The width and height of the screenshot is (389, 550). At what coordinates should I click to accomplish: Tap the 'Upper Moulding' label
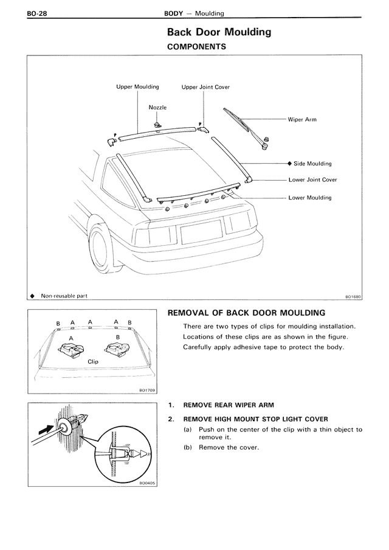pyautogui.click(x=137, y=87)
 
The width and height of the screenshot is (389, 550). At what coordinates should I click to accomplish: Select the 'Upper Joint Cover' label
pyautogui.click(x=205, y=87)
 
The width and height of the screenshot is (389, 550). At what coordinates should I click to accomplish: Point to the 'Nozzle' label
pyautogui.click(x=157, y=107)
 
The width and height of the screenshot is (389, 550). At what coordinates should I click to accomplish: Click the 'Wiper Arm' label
pyautogui.click(x=302, y=120)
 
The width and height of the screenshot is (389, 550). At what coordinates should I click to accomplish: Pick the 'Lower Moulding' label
pyautogui.click(x=310, y=198)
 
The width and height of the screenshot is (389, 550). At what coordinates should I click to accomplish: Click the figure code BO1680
pyautogui.click(x=353, y=297)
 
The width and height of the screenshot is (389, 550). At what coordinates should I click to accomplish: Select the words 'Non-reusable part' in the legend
pyautogui.click(x=64, y=296)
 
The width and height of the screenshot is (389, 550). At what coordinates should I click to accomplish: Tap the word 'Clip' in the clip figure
pyautogui.click(x=93, y=361)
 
